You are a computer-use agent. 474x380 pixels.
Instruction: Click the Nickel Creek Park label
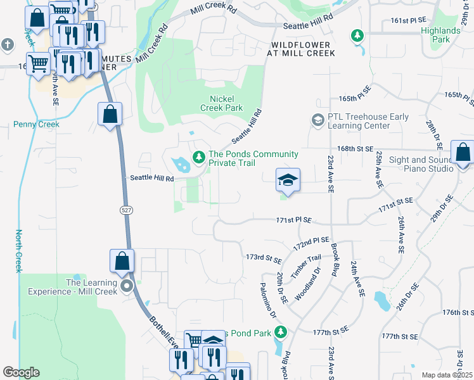click(226, 103)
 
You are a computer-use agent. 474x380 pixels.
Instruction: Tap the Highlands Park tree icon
click(357, 35)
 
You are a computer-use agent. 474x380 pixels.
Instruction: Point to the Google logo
click(21, 372)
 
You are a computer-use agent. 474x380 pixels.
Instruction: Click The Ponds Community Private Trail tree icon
click(198, 155)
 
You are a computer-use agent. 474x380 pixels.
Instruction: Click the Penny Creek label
click(36, 124)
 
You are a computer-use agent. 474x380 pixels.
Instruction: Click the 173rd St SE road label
click(264, 258)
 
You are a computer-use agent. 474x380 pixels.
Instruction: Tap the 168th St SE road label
click(354, 148)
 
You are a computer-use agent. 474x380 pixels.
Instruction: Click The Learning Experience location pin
click(127, 286)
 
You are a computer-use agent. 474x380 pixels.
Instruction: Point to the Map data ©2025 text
click(447, 375)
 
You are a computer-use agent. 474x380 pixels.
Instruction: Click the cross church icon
click(7, 44)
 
